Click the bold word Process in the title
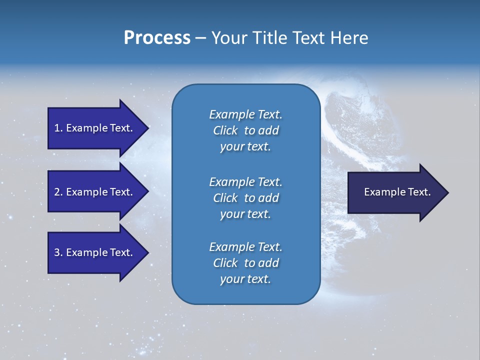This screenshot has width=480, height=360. click(157, 38)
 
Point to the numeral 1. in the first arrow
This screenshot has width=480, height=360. click(58, 128)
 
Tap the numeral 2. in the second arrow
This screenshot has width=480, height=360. click(58, 192)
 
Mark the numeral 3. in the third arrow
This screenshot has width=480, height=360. click(58, 252)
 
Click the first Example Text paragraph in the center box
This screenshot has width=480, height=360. click(245, 130)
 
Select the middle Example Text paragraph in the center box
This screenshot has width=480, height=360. click(245, 198)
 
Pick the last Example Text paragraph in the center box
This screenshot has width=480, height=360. click(245, 263)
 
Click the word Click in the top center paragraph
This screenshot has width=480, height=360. click(225, 130)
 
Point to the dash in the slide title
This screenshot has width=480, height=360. click(200, 38)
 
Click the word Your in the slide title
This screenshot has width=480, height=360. click(228, 38)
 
